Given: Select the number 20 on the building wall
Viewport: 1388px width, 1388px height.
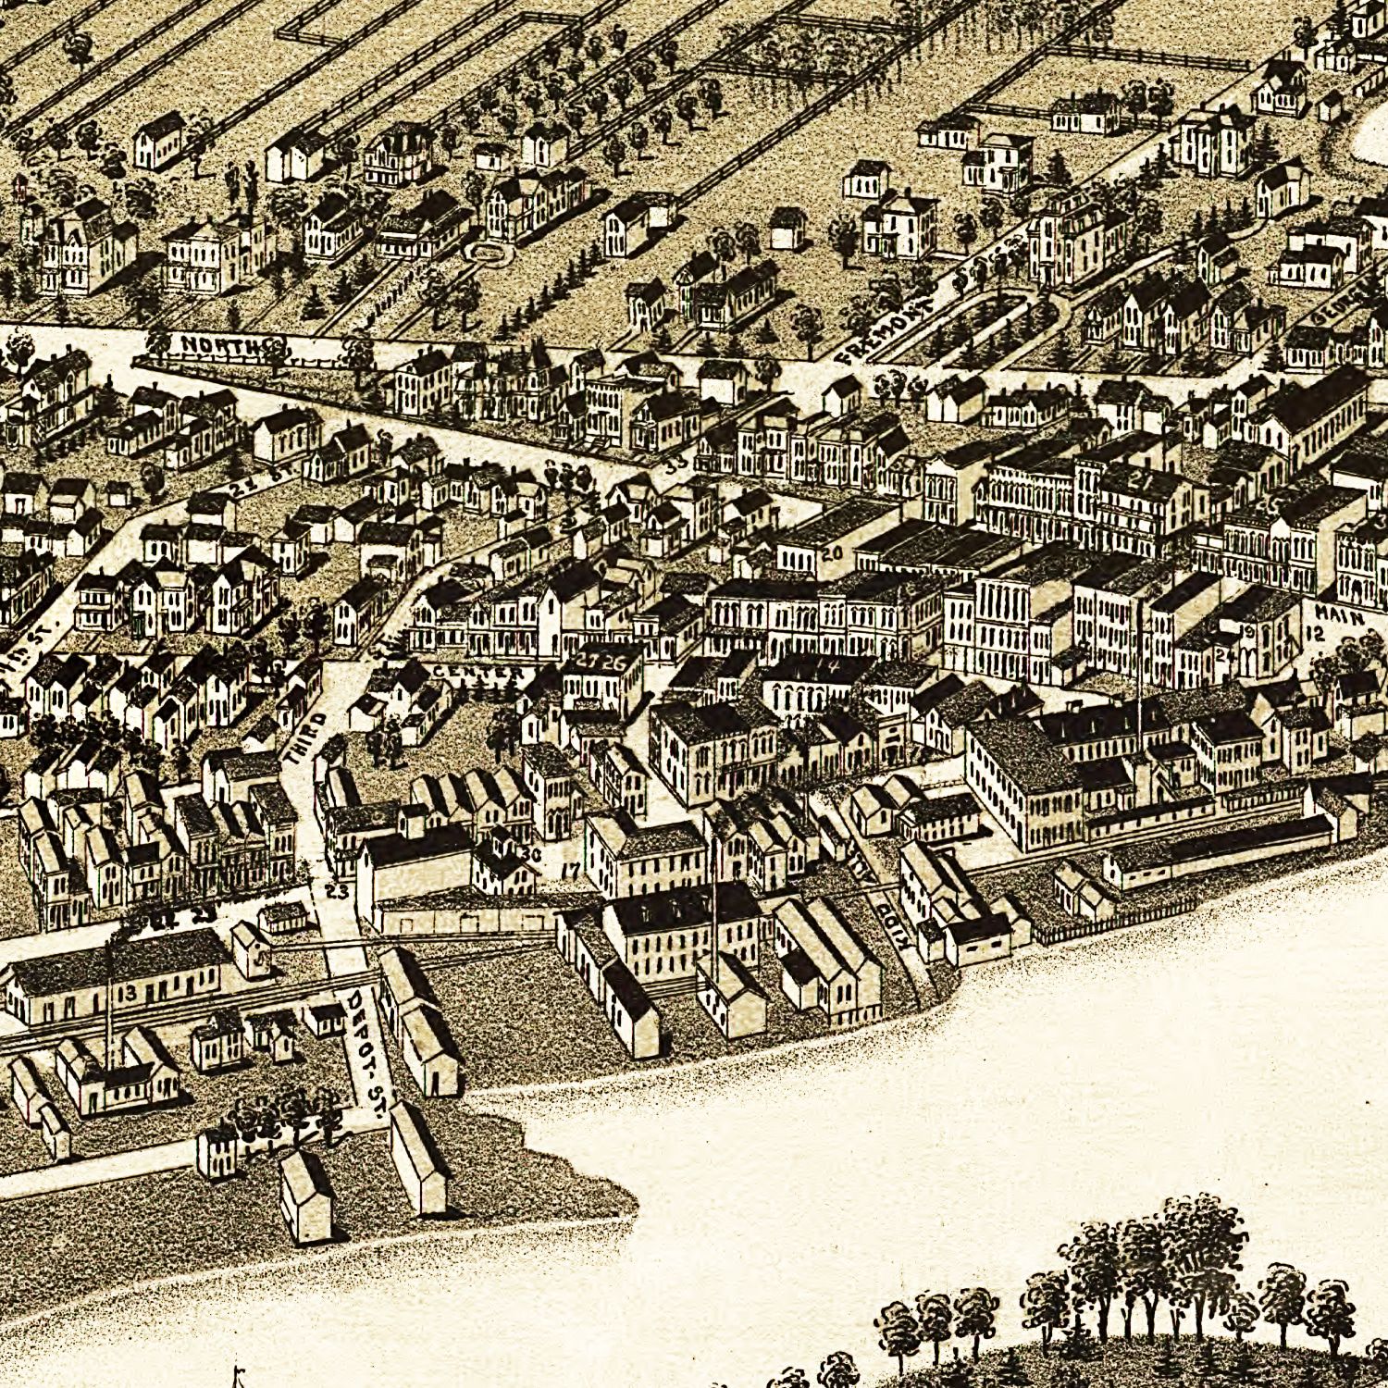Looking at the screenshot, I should point(831,553).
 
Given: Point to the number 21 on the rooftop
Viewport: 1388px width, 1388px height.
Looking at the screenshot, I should point(1139,481).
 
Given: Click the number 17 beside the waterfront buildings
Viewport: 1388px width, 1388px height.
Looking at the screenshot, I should point(570,870).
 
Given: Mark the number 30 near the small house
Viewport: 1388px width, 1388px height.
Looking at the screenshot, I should point(530,853).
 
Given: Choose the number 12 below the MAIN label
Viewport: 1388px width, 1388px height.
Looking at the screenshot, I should point(1316,635).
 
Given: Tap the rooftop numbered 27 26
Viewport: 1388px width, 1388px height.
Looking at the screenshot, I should point(601,661).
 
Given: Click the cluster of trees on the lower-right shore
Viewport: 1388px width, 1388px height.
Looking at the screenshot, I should point(1157,1277).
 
